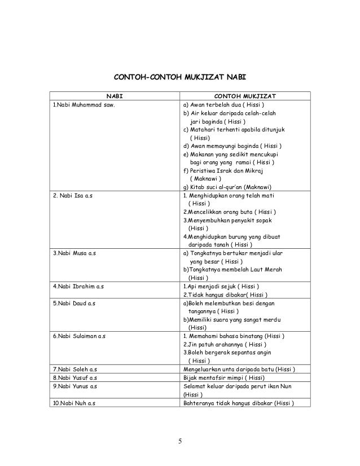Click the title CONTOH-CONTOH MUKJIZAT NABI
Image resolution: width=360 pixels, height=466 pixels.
(179, 76)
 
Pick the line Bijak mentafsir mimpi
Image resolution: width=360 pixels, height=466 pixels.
(224, 378)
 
